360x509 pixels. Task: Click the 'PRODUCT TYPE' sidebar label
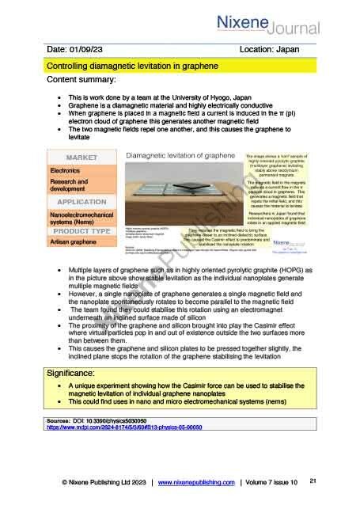tap(83, 231)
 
